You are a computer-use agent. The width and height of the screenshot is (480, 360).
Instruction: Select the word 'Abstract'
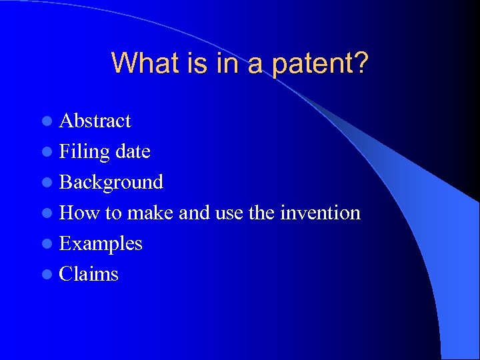pos(95,121)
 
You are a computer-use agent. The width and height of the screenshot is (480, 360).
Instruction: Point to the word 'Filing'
pos(84,151)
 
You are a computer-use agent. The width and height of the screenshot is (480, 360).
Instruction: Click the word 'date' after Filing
pos(133,151)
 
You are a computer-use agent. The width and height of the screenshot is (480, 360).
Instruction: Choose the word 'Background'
pos(111,182)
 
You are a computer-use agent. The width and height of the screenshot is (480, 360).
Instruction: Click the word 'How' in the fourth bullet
pos(79,213)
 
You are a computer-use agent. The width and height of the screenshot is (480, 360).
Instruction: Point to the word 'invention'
pos(320,213)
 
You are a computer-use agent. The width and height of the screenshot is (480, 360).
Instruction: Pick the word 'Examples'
pos(101,243)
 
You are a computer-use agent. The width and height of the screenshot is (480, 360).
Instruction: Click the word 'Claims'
pos(89,274)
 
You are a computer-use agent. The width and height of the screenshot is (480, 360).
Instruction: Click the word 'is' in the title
pos(191,63)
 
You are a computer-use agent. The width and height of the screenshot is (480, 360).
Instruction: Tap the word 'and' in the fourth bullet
pos(193,213)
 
